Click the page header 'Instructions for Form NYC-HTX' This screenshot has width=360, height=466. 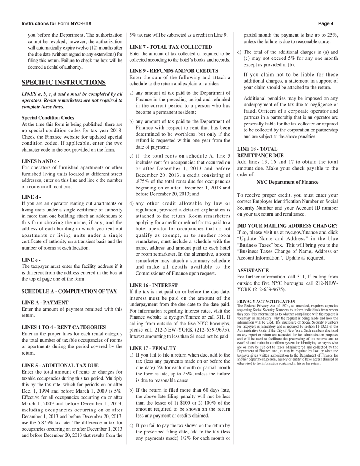click(56, 23)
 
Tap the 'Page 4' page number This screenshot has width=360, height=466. click(326, 23)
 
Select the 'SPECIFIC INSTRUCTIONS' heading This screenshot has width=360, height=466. click(64, 83)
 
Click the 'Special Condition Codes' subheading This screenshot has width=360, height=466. click(48, 118)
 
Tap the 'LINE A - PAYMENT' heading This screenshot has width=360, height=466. click(45, 302)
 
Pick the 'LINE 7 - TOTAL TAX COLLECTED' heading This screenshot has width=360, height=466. click(171, 47)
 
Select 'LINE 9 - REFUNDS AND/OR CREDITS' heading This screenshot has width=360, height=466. click(174, 71)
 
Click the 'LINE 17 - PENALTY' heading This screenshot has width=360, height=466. click(153, 348)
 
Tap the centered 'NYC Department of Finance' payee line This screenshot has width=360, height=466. click(287, 182)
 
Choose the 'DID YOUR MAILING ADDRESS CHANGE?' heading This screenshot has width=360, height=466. click(287, 226)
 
